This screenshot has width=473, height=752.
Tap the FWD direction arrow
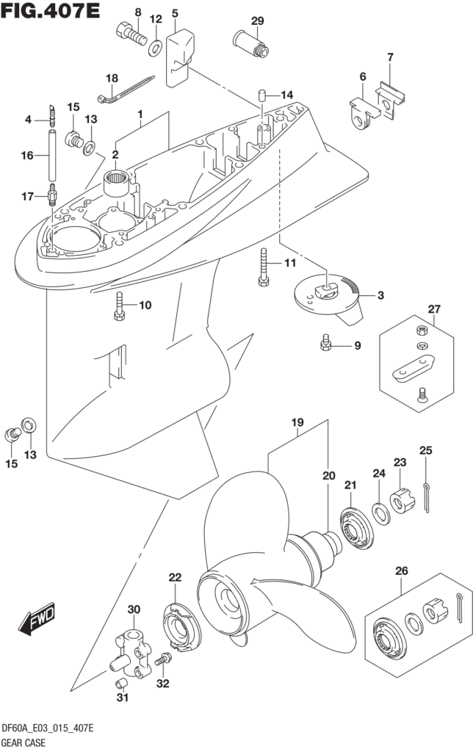[37, 620]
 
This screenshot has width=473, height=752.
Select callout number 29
[257, 21]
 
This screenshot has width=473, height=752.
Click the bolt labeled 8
[131, 34]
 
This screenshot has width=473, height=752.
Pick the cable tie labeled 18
[126, 90]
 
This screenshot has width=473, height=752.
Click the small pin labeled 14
[261, 95]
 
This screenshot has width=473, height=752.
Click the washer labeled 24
[383, 510]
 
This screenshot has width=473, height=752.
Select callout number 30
[133, 610]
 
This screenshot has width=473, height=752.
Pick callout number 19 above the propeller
[297, 423]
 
